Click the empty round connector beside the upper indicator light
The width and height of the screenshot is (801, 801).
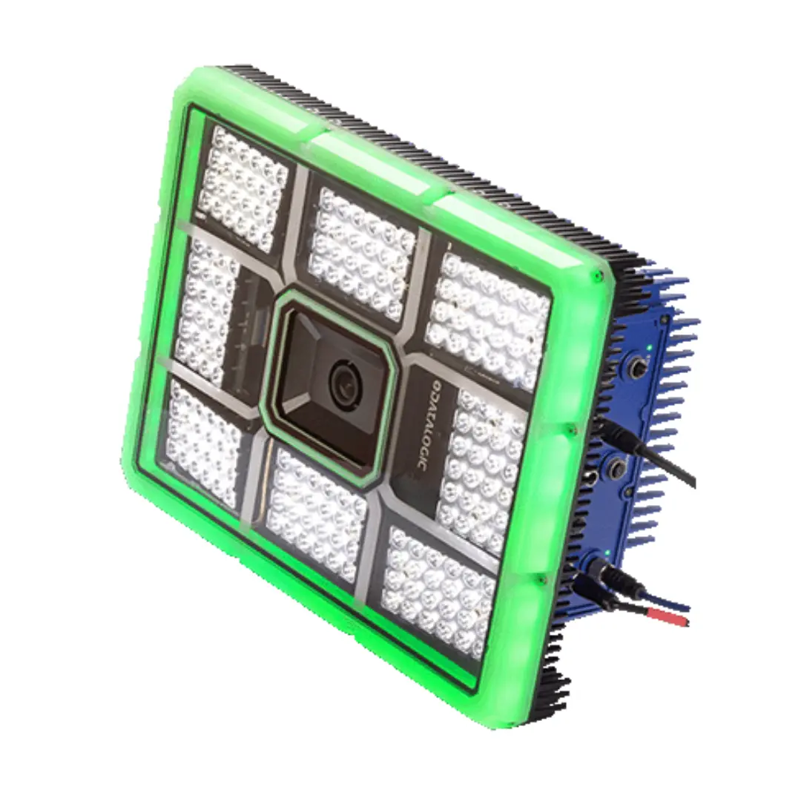pos(638,368)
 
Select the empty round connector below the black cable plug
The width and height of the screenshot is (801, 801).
pos(616,467)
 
